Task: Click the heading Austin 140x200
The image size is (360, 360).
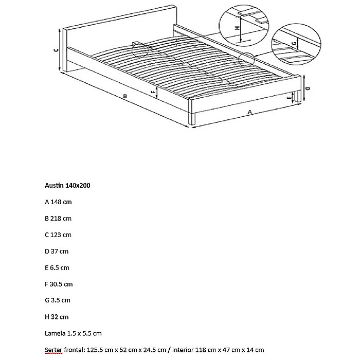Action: [67, 185]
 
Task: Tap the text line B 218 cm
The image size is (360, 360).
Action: [58, 219]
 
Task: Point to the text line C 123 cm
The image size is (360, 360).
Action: [58, 235]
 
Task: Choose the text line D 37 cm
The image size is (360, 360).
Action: [56, 251]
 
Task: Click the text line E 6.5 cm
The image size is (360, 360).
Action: [57, 268]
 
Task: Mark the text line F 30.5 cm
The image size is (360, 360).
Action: [59, 284]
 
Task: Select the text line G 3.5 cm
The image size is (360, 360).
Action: [57, 300]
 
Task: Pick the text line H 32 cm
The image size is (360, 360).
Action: [56, 317]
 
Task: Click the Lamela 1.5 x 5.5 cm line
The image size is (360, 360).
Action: [73, 333]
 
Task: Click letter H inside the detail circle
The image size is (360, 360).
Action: [238, 29]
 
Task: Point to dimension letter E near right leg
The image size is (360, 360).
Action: [291, 97]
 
